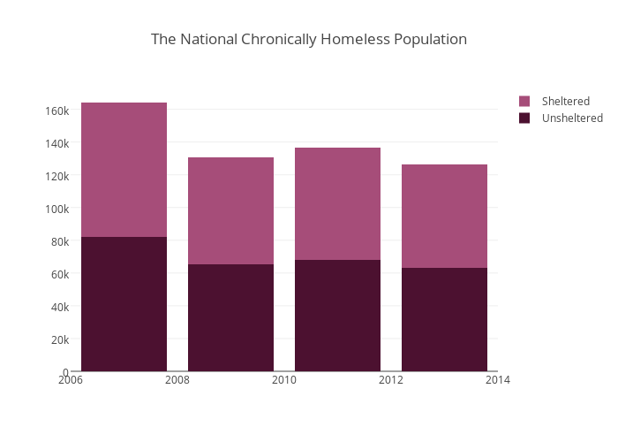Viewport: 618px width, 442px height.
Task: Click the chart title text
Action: tap(308, 39)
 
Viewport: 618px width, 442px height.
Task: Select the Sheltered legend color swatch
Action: tap(524, 101)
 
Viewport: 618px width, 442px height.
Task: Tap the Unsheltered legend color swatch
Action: tap(524, 118)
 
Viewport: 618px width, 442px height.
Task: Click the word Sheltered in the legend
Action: tap(565, 101)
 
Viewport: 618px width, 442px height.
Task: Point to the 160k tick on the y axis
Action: tap(57, 110)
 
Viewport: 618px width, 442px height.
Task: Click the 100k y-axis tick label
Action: tap(57, 209)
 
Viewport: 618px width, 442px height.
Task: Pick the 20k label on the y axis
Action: tap(59, 339)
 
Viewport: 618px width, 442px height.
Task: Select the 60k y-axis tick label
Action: tap(59, 274)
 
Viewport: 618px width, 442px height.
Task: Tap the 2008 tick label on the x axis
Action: tap(177, 380)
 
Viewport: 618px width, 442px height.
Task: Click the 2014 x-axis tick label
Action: tap(498, 380)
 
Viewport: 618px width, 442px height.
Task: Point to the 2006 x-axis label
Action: tap(71, 380)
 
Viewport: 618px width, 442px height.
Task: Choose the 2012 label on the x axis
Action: tap(391, 380)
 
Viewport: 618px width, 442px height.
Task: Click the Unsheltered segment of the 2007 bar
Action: tap(124, 304)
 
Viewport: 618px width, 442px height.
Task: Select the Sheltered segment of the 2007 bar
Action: tap(124, 170)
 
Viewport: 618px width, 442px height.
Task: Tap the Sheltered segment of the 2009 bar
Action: tap(230, 210)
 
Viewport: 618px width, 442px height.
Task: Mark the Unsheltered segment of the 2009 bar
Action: tap(230, 317)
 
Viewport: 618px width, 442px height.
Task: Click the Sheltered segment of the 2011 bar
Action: tap(337, 203)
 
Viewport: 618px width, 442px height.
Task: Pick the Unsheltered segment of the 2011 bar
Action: tap(337, 316)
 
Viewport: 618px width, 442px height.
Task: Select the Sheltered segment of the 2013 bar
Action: tap(444, 216)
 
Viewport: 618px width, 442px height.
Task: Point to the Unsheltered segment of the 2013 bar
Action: tap(444, 319)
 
